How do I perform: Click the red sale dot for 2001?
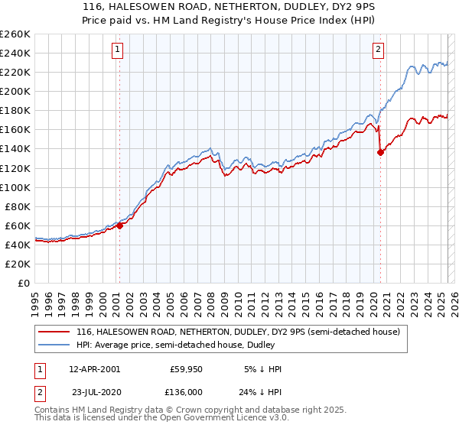119,225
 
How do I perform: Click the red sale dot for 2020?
380,152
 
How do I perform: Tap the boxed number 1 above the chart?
119,50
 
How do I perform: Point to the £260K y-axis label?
15,34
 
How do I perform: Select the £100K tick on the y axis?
15,187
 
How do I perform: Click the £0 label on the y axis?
23,283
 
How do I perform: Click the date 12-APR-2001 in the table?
94,369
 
